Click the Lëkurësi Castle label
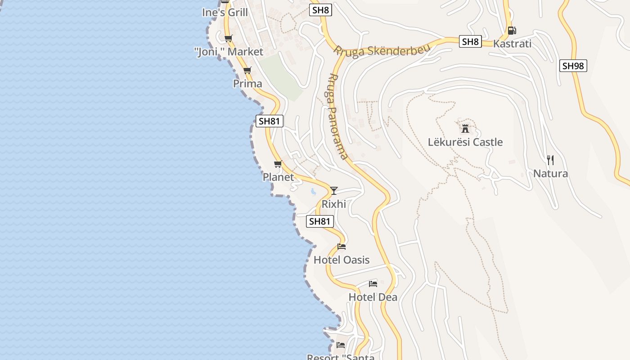(x=465, y=142)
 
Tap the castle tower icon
(x=465, y=128)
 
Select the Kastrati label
(x=512, y=44)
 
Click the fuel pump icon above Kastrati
(x=512, y=31)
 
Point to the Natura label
(x=550, y=173)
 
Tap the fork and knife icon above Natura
(x=550, y=160)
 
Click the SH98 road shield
(x=573, y=66)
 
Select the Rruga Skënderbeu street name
(x=381, y=50)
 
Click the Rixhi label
(x=333, y=204)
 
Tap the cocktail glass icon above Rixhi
(x=333, y=190)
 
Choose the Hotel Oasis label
(x=342, y=260)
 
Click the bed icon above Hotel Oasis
(x=342, y=247)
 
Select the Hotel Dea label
(x=373, y=297)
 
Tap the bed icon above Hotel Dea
(x=373, y=284)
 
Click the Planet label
(x=278, y=177)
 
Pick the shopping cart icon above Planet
(x=278, y=164)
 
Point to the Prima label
(x=247, y=84)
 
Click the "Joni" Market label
(x=229, y=52)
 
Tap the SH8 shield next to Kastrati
(x=471, y=42)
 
